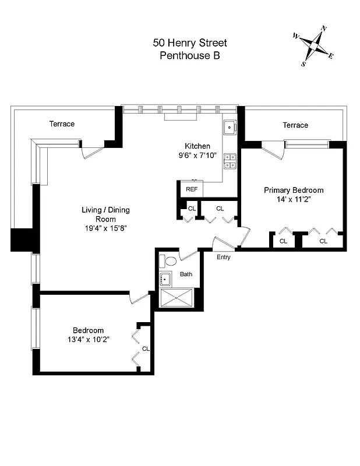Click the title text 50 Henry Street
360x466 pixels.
point(189,43)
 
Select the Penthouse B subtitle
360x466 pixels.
point(189,56)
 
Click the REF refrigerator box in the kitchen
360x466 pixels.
point(192,189)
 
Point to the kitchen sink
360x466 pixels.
point(229,126)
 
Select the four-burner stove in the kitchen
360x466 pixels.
point(230,161)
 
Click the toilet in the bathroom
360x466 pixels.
point(170,261)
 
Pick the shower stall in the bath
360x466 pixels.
point(177,298)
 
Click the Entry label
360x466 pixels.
point(223,257)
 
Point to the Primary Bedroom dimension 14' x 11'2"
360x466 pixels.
point(294,200)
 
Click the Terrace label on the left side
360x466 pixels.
point(62,124)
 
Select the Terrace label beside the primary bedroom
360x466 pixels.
point(295,125)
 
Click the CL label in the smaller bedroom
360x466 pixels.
point(146,349)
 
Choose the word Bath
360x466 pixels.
point(186,274)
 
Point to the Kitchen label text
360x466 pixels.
point(197,146)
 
